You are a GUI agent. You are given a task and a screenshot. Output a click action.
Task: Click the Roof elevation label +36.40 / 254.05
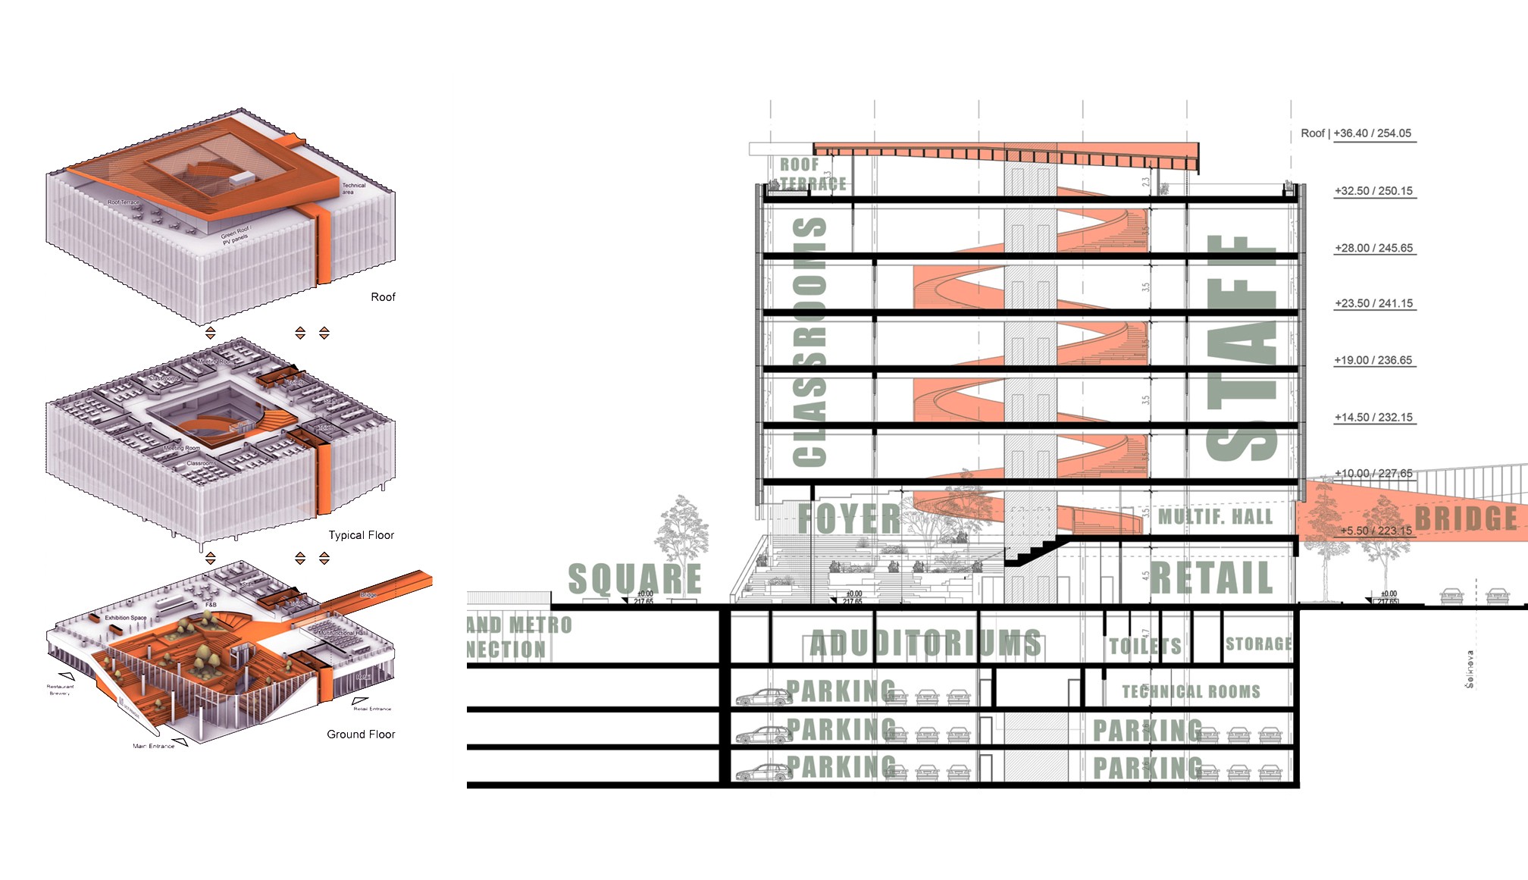pyautogui.click(x=1356, y=133)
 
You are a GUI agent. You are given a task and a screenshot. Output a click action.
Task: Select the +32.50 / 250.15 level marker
pyautogui.click(x=1373, y=191)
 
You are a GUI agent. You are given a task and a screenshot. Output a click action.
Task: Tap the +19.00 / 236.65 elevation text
pyautogui.click(x=1373, y=360)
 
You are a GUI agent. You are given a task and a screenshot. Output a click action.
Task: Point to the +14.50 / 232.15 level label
pyautogui.click(x=1373, y=417)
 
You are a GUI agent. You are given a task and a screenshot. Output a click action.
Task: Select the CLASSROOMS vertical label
pyautogui.click(x=809, y=341)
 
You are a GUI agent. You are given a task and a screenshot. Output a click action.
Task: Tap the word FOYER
pyautogui.click(x=849, y=519)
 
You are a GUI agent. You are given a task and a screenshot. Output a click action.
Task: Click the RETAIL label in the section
pyautogui.click(x=1211, y=578)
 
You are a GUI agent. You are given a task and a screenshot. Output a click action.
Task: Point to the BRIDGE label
pyautogui.click(x=1466, y=518)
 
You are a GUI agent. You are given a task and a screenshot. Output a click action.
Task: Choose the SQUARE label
pyautogui.click(x=634, y=579)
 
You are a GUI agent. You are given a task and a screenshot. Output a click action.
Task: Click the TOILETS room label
pyautogui.click(x=1144, y=646)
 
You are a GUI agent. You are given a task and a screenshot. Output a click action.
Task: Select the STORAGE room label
pyautogui.click(x=1258, y=644)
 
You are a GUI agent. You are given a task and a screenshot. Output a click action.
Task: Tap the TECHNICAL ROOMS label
pyautogui.click(x=1191, y=691)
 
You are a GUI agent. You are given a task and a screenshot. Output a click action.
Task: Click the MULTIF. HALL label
pyautogui.click(x=1215, y=517)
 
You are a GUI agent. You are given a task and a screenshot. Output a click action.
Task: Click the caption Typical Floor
pyautogui.click(x=361, y=535)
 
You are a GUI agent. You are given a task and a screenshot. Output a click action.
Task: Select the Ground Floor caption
pyautogui.click(x=361, y=734)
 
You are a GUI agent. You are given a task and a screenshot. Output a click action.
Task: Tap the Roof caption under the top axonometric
pyautogui.click(x=383, y=297)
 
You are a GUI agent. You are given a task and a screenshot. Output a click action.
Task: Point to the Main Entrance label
pyautogui.click(x=154, y=746)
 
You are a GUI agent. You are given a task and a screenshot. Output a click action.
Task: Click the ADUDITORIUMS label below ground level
pyautogui.click(x=925, y=644)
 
